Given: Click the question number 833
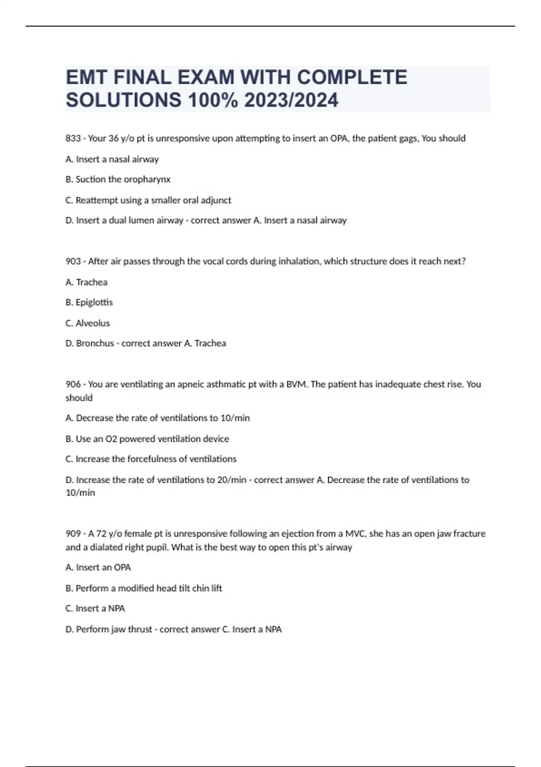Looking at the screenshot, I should click(73, 139).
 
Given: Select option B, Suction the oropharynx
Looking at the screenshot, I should click(118, 180).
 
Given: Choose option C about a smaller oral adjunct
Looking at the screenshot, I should click(148, 200).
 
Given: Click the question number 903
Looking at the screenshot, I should click(73, 261).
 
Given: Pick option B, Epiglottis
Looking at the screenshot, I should click(89, 302).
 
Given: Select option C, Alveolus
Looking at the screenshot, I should click(88, 323).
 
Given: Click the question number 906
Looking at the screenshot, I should click(73, 384).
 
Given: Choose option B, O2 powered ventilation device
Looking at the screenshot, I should click(147, 439).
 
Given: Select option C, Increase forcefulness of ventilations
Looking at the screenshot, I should click(151, 459).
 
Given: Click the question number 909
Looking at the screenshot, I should click(73, 534).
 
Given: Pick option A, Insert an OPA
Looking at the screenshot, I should click(98, 568).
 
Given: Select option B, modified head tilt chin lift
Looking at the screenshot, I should click(144, 588).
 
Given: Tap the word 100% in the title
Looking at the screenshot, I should click(212, 100).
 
